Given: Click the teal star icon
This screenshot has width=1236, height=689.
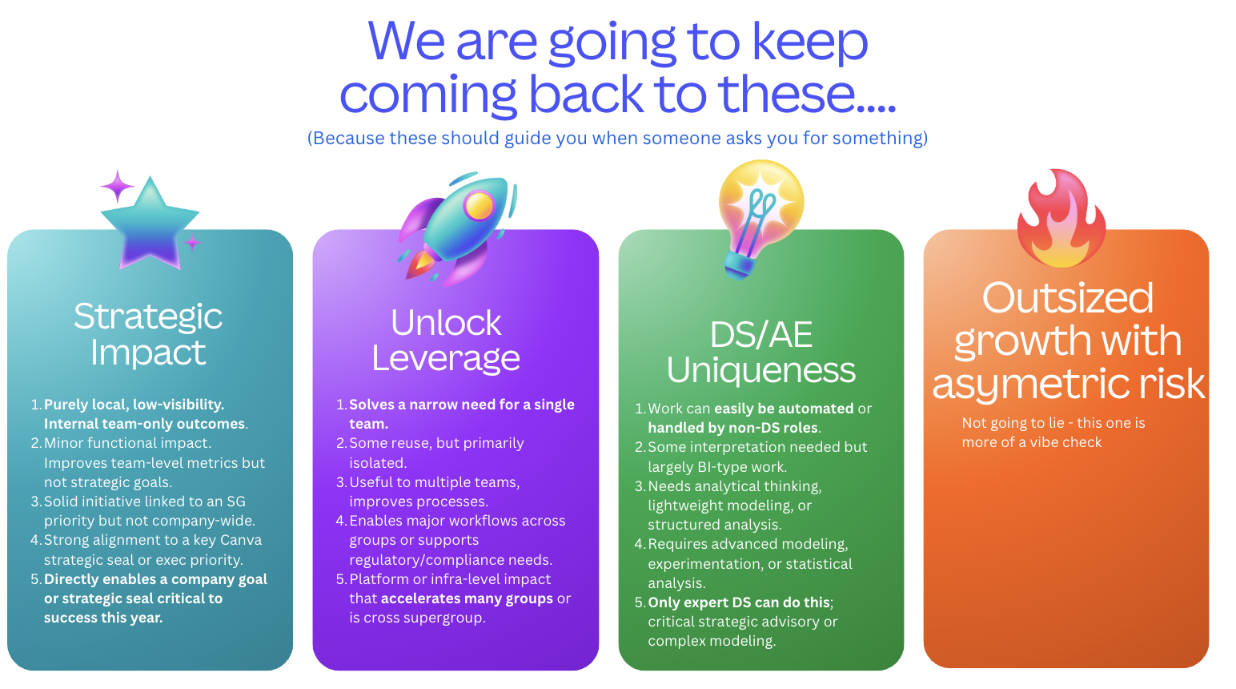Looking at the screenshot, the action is pos(150,227).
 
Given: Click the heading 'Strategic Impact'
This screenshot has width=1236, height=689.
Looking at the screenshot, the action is pos(148,334).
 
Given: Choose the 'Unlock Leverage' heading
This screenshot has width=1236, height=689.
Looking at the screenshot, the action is pos(446,340).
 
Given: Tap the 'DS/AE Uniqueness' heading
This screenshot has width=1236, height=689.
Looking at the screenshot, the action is pos(761,353).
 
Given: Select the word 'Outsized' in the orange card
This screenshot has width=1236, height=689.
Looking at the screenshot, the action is pos(1067,298).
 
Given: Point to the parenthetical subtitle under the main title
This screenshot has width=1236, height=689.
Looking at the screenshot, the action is pos(617,138).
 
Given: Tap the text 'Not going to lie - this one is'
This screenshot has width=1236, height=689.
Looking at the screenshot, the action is pos(1053,423).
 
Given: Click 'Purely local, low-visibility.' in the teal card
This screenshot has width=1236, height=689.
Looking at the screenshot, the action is pos(134,405).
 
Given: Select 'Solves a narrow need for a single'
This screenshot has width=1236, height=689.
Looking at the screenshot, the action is pos(462,405).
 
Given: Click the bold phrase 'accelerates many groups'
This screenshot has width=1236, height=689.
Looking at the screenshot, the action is pos(467,598).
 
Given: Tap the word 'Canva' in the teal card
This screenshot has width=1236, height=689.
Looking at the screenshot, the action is pos(241,540).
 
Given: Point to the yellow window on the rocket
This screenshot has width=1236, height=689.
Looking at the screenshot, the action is pos(479,206).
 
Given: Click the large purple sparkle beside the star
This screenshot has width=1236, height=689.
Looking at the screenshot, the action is pos(117,187).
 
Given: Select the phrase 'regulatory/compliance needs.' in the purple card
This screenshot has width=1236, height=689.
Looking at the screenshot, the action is pos(451,560).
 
